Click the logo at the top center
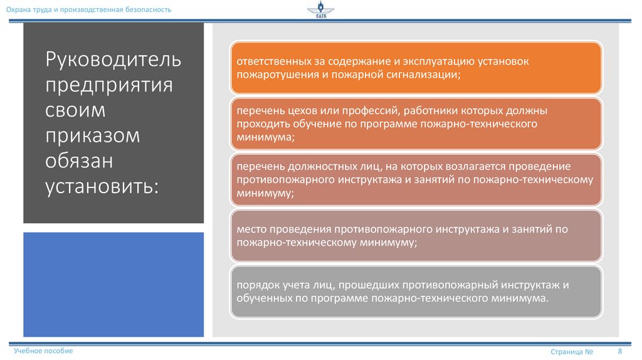point(321,11)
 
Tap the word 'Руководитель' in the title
point(113,61)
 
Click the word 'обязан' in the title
point(78,161)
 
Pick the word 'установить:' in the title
point(102,186)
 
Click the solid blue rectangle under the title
point(113,284)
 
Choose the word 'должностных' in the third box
point(318,167)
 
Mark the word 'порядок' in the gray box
point(256,285)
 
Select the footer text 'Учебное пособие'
point(43,351)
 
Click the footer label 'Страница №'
point(572,352)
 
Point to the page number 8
point(620,351)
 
